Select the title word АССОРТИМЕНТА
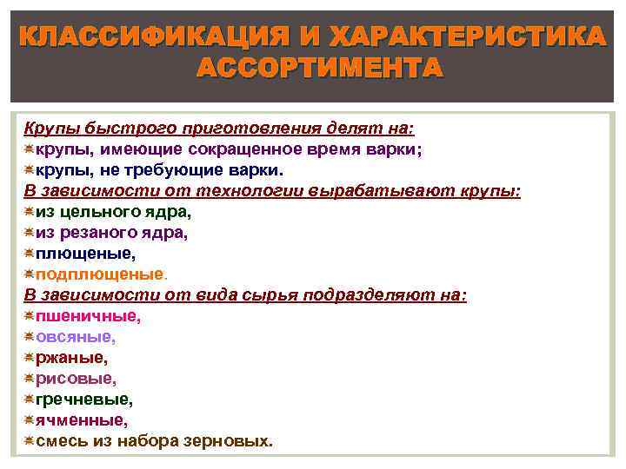[x=319, y=68]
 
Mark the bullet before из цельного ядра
[x=29, y=212]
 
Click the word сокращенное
[x=228, y=149]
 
